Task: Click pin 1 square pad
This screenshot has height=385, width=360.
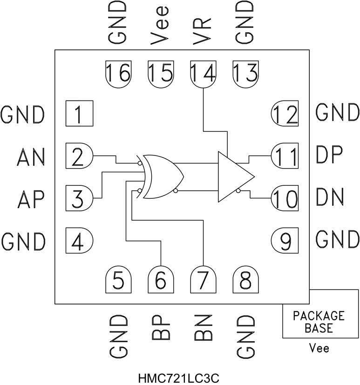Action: click(x=79, y=114)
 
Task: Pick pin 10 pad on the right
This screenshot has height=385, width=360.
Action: click(x=285, y=199)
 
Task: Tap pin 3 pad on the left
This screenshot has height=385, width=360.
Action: click(x=79, y=199)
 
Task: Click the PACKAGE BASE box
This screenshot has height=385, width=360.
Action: click(x=319, y=321)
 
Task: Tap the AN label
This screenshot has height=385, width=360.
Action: click(x=30, y=157)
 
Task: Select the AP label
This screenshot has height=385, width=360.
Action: click(x=30, y=199)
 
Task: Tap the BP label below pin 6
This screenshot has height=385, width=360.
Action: click(x=160, y=331)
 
